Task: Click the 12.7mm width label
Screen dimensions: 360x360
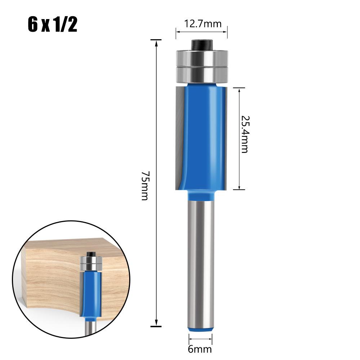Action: [x=203, y=24]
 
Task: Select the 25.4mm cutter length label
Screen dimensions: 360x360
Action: [x=245, y=134]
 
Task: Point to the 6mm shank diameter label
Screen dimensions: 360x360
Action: [x=200, y=349]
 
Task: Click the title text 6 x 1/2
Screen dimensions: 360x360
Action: [x=52, y=24]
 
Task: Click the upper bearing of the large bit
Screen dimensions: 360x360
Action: [x=202, y=58]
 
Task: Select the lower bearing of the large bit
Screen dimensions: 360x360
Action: [x=202, y=75]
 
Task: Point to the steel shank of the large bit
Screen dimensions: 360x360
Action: [x=201, y=264]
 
